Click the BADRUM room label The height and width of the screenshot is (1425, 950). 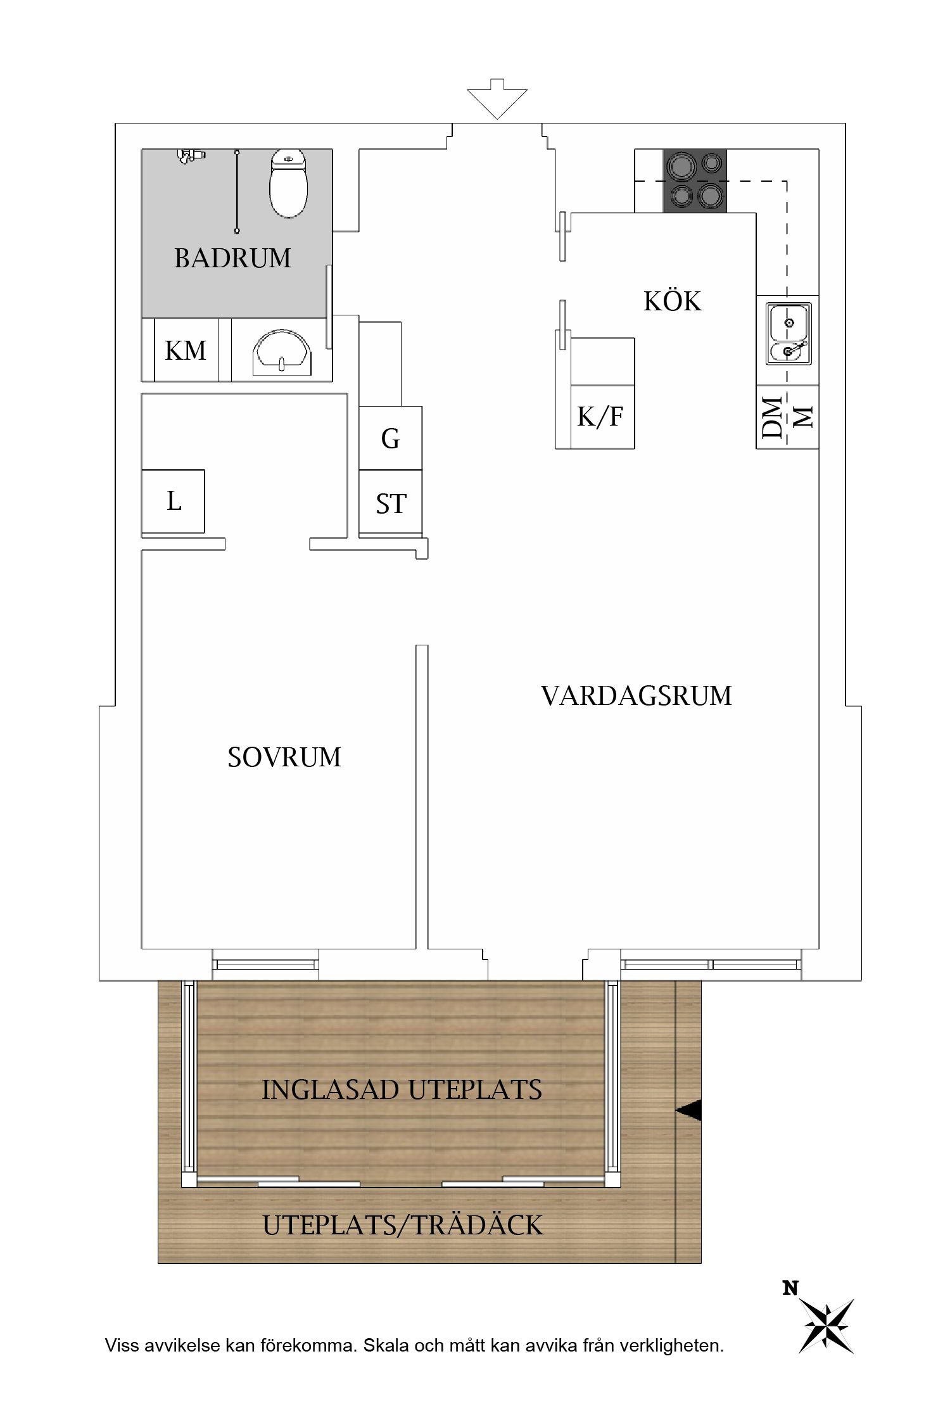tap(232, 258)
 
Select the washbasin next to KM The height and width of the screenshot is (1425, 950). tap(282, 353)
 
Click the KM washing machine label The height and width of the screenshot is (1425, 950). tap(186, 350)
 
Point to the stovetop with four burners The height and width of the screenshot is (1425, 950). tap(695, 180)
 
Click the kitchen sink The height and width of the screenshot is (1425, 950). tap(788, 333)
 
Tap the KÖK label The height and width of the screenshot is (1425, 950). tap(673, 301)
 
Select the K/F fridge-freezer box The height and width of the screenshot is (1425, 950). tap(601, 417)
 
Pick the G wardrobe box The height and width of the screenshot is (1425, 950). tap(390, 438)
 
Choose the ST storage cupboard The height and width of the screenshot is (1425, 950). tap(390, 503)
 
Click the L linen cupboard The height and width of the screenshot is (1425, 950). tap(173, 501)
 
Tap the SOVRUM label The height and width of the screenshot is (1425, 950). tap(284, 757)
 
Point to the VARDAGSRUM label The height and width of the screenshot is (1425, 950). tap(636, 696)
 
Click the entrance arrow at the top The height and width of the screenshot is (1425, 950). tap(497, 99)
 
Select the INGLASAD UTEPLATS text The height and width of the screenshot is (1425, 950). tap(402, 1090)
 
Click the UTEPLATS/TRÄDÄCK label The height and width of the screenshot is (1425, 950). tap(403, 1225)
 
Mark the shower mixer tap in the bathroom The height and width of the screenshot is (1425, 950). tap(191, 155)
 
